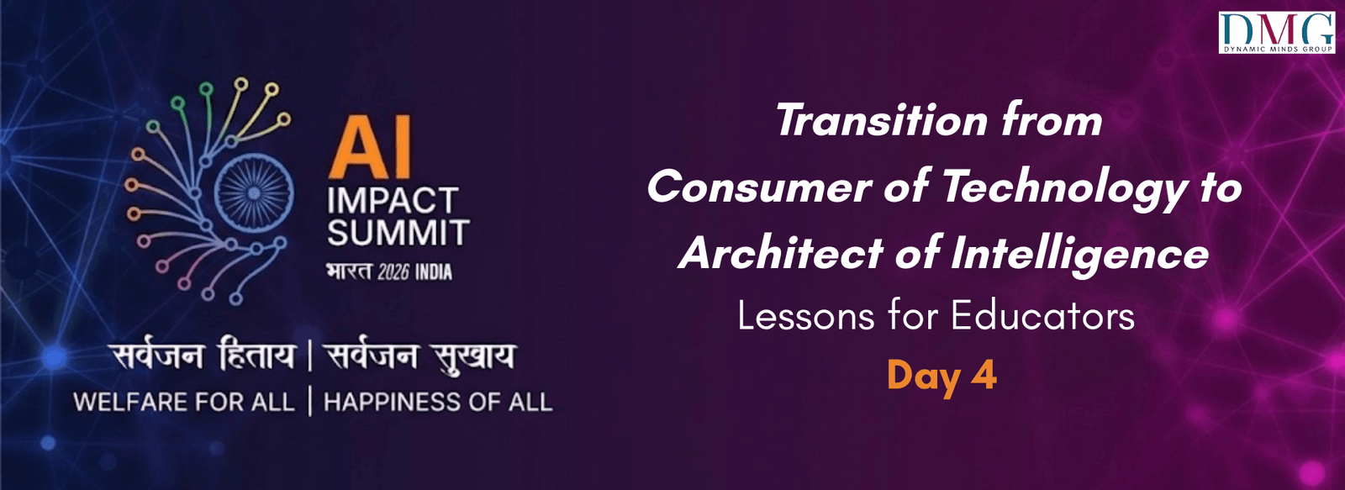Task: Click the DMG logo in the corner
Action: click(x=1277, y=33)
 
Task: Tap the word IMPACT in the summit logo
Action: click(x=392, y=202)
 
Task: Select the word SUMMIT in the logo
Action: click(x=398, y=233)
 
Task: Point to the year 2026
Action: click(x=393, y=272)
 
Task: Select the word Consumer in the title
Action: click(x=759, y=186)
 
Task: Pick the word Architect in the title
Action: click(x=780, y=253)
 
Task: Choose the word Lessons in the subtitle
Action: click(x=805, y=316)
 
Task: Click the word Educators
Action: click(x=1042, y=316)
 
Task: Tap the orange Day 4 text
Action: click(x=941, y=375)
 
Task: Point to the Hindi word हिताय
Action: click(x=256, y=356)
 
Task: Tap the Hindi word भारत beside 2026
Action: click(x=348, y=272)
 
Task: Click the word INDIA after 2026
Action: click(x=433, y=272)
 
